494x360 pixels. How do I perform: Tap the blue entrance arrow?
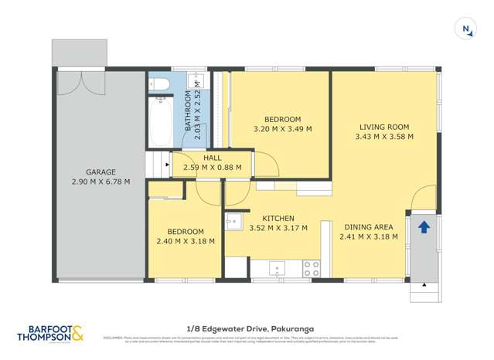point(424,227)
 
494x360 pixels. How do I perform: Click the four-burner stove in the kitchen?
point(312,269)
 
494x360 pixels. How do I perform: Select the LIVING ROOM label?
point(383,127)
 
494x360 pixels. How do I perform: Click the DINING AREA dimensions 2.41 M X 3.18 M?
point(369,236)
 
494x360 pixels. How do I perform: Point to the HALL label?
point(212,157)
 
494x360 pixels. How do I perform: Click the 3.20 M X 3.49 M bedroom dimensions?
point(282,129)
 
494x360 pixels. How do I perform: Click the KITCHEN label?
point(278,218)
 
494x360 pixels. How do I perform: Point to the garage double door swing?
point(80,84)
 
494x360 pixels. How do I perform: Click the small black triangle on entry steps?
point(423,285)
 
